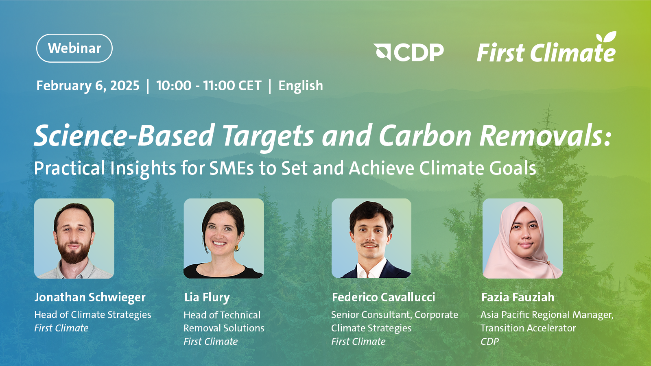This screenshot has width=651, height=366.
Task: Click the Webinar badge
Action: click(74, 48)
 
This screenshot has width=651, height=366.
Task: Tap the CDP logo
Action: click(409, 52)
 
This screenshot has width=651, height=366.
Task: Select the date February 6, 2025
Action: click(88, 86)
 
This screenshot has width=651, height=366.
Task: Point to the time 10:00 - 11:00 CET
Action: click(209, 86)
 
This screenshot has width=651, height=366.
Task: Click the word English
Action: click(301, 86)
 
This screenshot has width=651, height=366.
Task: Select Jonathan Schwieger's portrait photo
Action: click(74, 238)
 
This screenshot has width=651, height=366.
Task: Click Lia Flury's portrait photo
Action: click(224, 238)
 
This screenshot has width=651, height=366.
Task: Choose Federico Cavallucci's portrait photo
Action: click(371, 238)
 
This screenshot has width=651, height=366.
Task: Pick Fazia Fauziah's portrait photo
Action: click(522, 238)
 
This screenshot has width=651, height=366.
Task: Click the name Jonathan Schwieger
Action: click(90, 297)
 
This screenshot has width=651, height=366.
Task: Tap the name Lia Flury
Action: click(207, 297)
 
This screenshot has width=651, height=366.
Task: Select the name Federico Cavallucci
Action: click(384, 297)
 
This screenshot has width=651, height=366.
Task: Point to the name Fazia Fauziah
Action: click(518, 297)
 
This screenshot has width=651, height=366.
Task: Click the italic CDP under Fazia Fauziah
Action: click(489, 342)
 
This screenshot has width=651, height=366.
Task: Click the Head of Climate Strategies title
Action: click(93, 315)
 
